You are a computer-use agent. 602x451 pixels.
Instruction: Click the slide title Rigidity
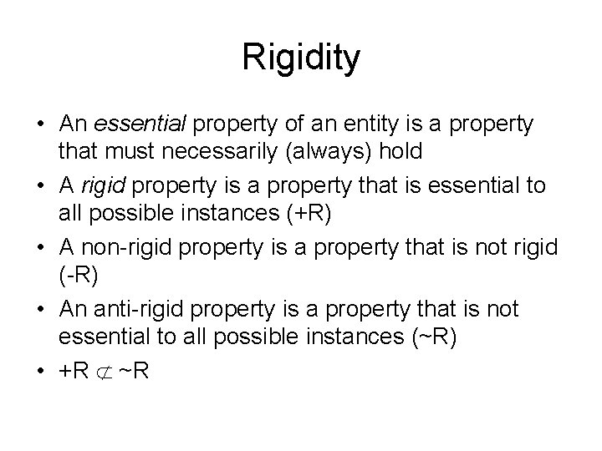301,58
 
